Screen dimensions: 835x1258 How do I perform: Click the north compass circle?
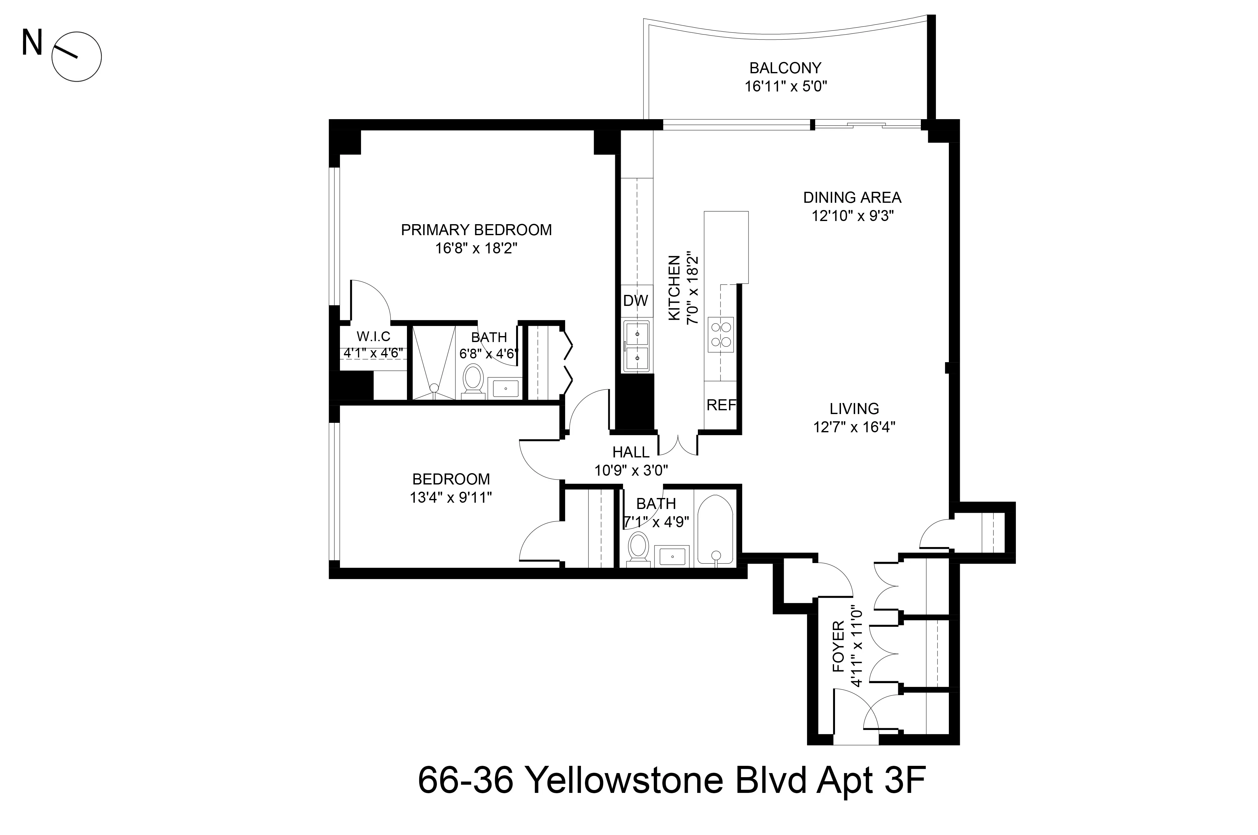pyautogui.click(x=77, y=57)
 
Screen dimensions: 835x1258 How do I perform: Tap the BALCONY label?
pyautogui.click(x=785, y=68)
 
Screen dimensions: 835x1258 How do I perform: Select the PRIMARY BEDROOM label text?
pyautogui.click(x=476, y=230)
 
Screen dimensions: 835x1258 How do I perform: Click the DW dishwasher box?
pyautogui.click(x=635, y=301)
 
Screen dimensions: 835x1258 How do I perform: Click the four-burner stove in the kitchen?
pyautogui.click(x=721, y=335)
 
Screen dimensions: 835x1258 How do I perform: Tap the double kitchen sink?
pyautogui.click(x=637, y=346)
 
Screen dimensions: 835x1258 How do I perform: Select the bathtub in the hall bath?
pyautogui.click(x=715, y=530)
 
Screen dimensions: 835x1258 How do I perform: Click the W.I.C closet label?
pyautogui.click(x=373, y=337)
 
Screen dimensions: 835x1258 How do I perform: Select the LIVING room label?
pyautogui.click(x=854, y=409)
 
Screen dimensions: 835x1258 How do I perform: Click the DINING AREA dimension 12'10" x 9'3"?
pyautogui.click(x=852, y=216)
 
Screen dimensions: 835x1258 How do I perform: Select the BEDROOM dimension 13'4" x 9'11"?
pyautogui.click(x=451, y=497)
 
